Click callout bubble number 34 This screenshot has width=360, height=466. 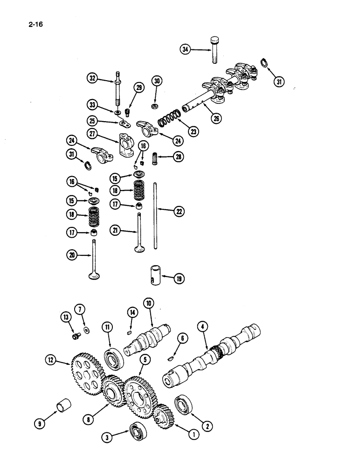click(186, 49)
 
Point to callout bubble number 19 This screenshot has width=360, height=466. click(179, 279)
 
